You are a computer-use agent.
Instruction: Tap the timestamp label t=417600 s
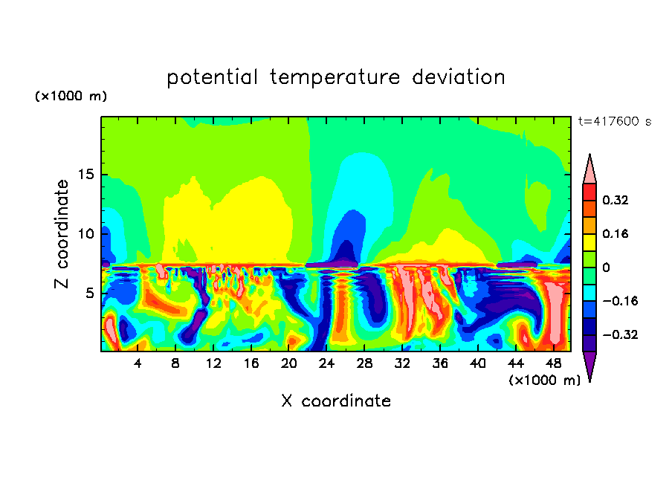[x=614, y=121]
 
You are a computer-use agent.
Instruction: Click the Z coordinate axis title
[x=62, y=234]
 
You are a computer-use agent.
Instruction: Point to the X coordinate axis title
[x=336, y=401]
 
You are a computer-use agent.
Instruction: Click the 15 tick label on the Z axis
[x=85, y=175]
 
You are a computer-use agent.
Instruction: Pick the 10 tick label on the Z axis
[x=85, y=233]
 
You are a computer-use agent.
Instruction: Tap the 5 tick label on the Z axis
[x=89, y=293]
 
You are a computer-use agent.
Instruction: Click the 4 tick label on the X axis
[x=138, y=363]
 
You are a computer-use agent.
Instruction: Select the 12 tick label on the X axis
[x=213, y=363]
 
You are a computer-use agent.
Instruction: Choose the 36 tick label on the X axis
[x=439, y=363]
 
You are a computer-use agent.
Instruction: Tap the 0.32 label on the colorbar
[x=616, y=200]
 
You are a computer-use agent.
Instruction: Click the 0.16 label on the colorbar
[x=616, y=233]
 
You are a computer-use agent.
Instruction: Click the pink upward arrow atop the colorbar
[x=589, y=169]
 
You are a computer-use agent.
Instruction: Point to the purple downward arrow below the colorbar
[x=589, y=366]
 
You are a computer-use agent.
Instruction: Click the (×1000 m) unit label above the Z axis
[x=71, y=97]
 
